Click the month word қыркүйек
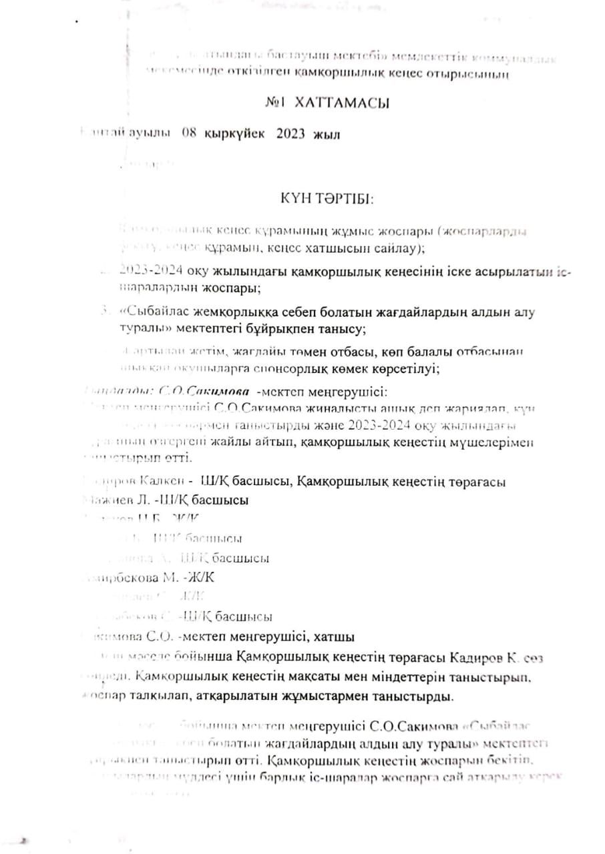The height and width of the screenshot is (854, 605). tap(234, 134)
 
